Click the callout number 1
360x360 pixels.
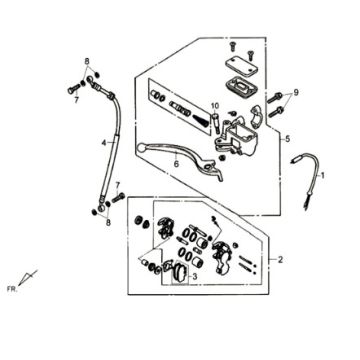point(322,175)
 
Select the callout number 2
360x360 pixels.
point(280,259)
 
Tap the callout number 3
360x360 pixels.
point(195,276)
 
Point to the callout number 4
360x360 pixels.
point(104,143)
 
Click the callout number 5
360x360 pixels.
point(288,139)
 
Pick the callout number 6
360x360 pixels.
point(176,164)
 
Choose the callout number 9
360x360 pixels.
point(296,92)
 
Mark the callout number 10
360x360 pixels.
point(215,106)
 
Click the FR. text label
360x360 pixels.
point(12,289)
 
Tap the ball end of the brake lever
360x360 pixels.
point(141,146)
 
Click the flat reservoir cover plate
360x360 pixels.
point(242,66)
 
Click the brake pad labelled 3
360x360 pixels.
point(180,272)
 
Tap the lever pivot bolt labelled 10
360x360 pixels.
point(215,121)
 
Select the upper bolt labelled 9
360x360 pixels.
point(274,98)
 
